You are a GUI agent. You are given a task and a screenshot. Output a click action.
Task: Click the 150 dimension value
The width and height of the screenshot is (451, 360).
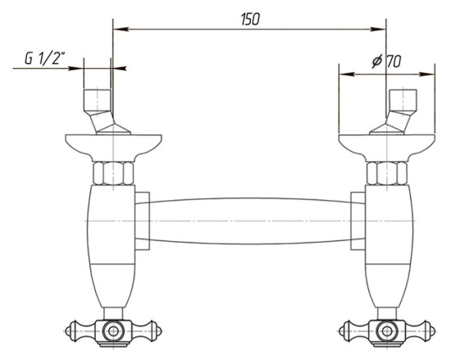251,20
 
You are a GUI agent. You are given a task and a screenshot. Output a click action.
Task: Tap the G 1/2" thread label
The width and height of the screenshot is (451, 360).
44,58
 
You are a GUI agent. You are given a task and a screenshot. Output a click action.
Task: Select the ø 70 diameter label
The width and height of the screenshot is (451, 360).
386,62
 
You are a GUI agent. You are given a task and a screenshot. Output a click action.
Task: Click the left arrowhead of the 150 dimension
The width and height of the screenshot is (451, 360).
121,29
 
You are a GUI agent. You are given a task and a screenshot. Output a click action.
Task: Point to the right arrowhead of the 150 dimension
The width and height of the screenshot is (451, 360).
378,29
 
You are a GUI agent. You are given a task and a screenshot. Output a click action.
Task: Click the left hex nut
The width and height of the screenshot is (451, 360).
113,173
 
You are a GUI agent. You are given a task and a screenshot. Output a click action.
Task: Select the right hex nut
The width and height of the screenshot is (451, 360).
387,173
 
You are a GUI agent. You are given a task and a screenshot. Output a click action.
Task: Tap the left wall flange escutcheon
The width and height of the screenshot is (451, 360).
113,148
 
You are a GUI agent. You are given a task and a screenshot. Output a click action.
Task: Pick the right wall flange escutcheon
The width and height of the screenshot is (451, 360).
387,148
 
